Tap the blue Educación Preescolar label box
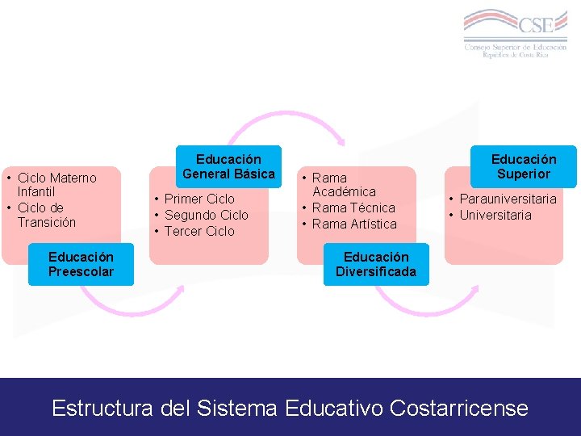(x=81, y=264)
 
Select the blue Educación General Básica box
(x=228, y=166)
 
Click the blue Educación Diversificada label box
(x=376, y=264)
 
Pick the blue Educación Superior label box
(x=524, y=166)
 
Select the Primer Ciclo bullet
(x=199, y=199)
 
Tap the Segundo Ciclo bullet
(x=206, y=215)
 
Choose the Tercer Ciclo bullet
(x=199, y=231)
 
